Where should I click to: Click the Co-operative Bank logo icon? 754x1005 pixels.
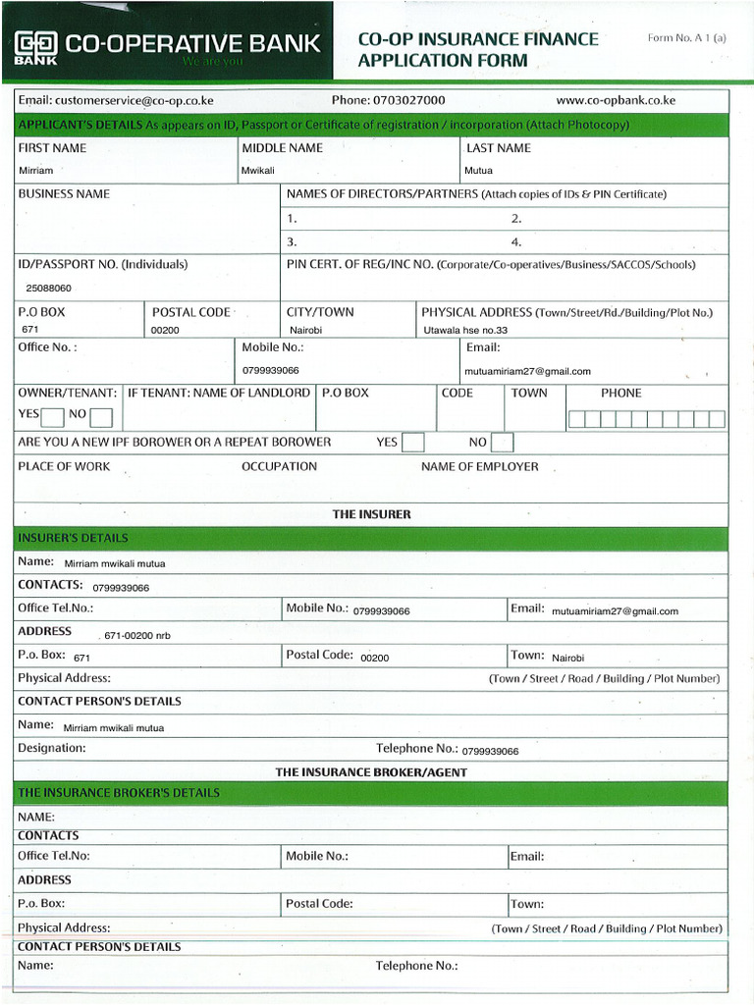click(x=35, y=44)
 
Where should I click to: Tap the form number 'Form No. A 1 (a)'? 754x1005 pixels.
click(x=686, y=38)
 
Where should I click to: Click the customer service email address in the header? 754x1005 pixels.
click(x=116, y=100)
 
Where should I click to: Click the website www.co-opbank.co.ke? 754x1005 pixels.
click(x=616, y=100)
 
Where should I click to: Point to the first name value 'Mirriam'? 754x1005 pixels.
click(x=36, y=171)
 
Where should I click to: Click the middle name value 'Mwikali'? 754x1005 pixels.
click(x=258, y=171)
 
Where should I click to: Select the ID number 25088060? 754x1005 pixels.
click(x=48, y=289)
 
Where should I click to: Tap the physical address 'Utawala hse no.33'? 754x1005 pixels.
click(x=465, y=331)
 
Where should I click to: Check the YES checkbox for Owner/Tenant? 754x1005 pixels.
click(x=54, y=416)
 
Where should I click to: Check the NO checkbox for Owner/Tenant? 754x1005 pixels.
click(x=101, y=416)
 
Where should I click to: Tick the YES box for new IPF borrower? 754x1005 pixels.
click(x=413, y=443)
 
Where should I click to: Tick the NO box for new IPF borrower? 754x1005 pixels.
click(x=502, y=443)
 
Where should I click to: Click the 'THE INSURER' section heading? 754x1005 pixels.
click(x=371, y=514)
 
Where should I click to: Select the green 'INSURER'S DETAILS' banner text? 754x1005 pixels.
click(x=73, y=538)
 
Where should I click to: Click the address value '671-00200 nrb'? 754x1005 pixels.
click(x=136, y=636)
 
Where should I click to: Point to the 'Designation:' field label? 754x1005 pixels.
click(x=51, y=748)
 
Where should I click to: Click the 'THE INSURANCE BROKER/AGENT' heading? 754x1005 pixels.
click(x=371, y=772)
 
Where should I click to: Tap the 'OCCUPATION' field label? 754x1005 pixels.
click(x=279, y=466)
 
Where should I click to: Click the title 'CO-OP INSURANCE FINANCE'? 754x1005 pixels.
click(x=477, y=39)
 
